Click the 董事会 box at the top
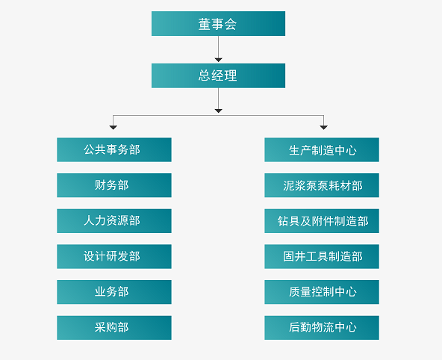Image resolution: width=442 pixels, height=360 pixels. pyautogui.click(x=218, y=23)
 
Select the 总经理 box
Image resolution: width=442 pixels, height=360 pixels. pyautogui.click(x=218, y=75)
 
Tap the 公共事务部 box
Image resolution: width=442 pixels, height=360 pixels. pyautogui.click(x=114, y=149)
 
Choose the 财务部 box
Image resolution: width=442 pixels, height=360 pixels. pyautogui.click(x=114, y=185)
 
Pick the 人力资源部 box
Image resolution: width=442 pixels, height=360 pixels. pyautogui.click(x=114, y=221)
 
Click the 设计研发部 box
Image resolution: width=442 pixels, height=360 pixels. pyautogui.click(x=114, y=256)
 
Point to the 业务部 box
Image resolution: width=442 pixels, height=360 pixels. pyautogui.click(x=114, y=292)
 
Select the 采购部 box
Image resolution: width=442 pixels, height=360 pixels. pyautogui.click(x=114, y=328)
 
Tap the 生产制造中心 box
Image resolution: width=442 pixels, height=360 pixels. pyautogui.click(x=322, y=149)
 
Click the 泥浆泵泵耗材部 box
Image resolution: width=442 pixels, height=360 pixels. pyautogui.click(x=322, y=185)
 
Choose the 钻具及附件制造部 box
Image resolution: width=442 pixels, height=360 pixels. pyautogui.click(x=322, y=221)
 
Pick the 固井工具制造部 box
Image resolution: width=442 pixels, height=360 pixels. pyautogui.click(x=322, y=256)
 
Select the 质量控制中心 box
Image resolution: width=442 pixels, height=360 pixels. pyautogui.click(x=322, y=292)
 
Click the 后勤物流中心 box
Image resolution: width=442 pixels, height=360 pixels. pyautogui.click(x=322, y=328)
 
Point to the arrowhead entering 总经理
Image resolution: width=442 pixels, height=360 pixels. pyautogui.click(x=219, y=60)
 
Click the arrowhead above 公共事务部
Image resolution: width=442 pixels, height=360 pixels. pyautogui.click(x=113, y=128)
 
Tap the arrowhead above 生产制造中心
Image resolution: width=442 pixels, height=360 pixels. pyautogui.click(x=323, y=128)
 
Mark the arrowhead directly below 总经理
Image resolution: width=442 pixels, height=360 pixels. pyautogui.click(x=219, y=111)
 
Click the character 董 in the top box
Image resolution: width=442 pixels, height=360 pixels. pyautogui.click(x=205, y=24)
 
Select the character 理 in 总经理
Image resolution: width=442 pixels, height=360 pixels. pyautogui.click(x=231, y=75)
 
